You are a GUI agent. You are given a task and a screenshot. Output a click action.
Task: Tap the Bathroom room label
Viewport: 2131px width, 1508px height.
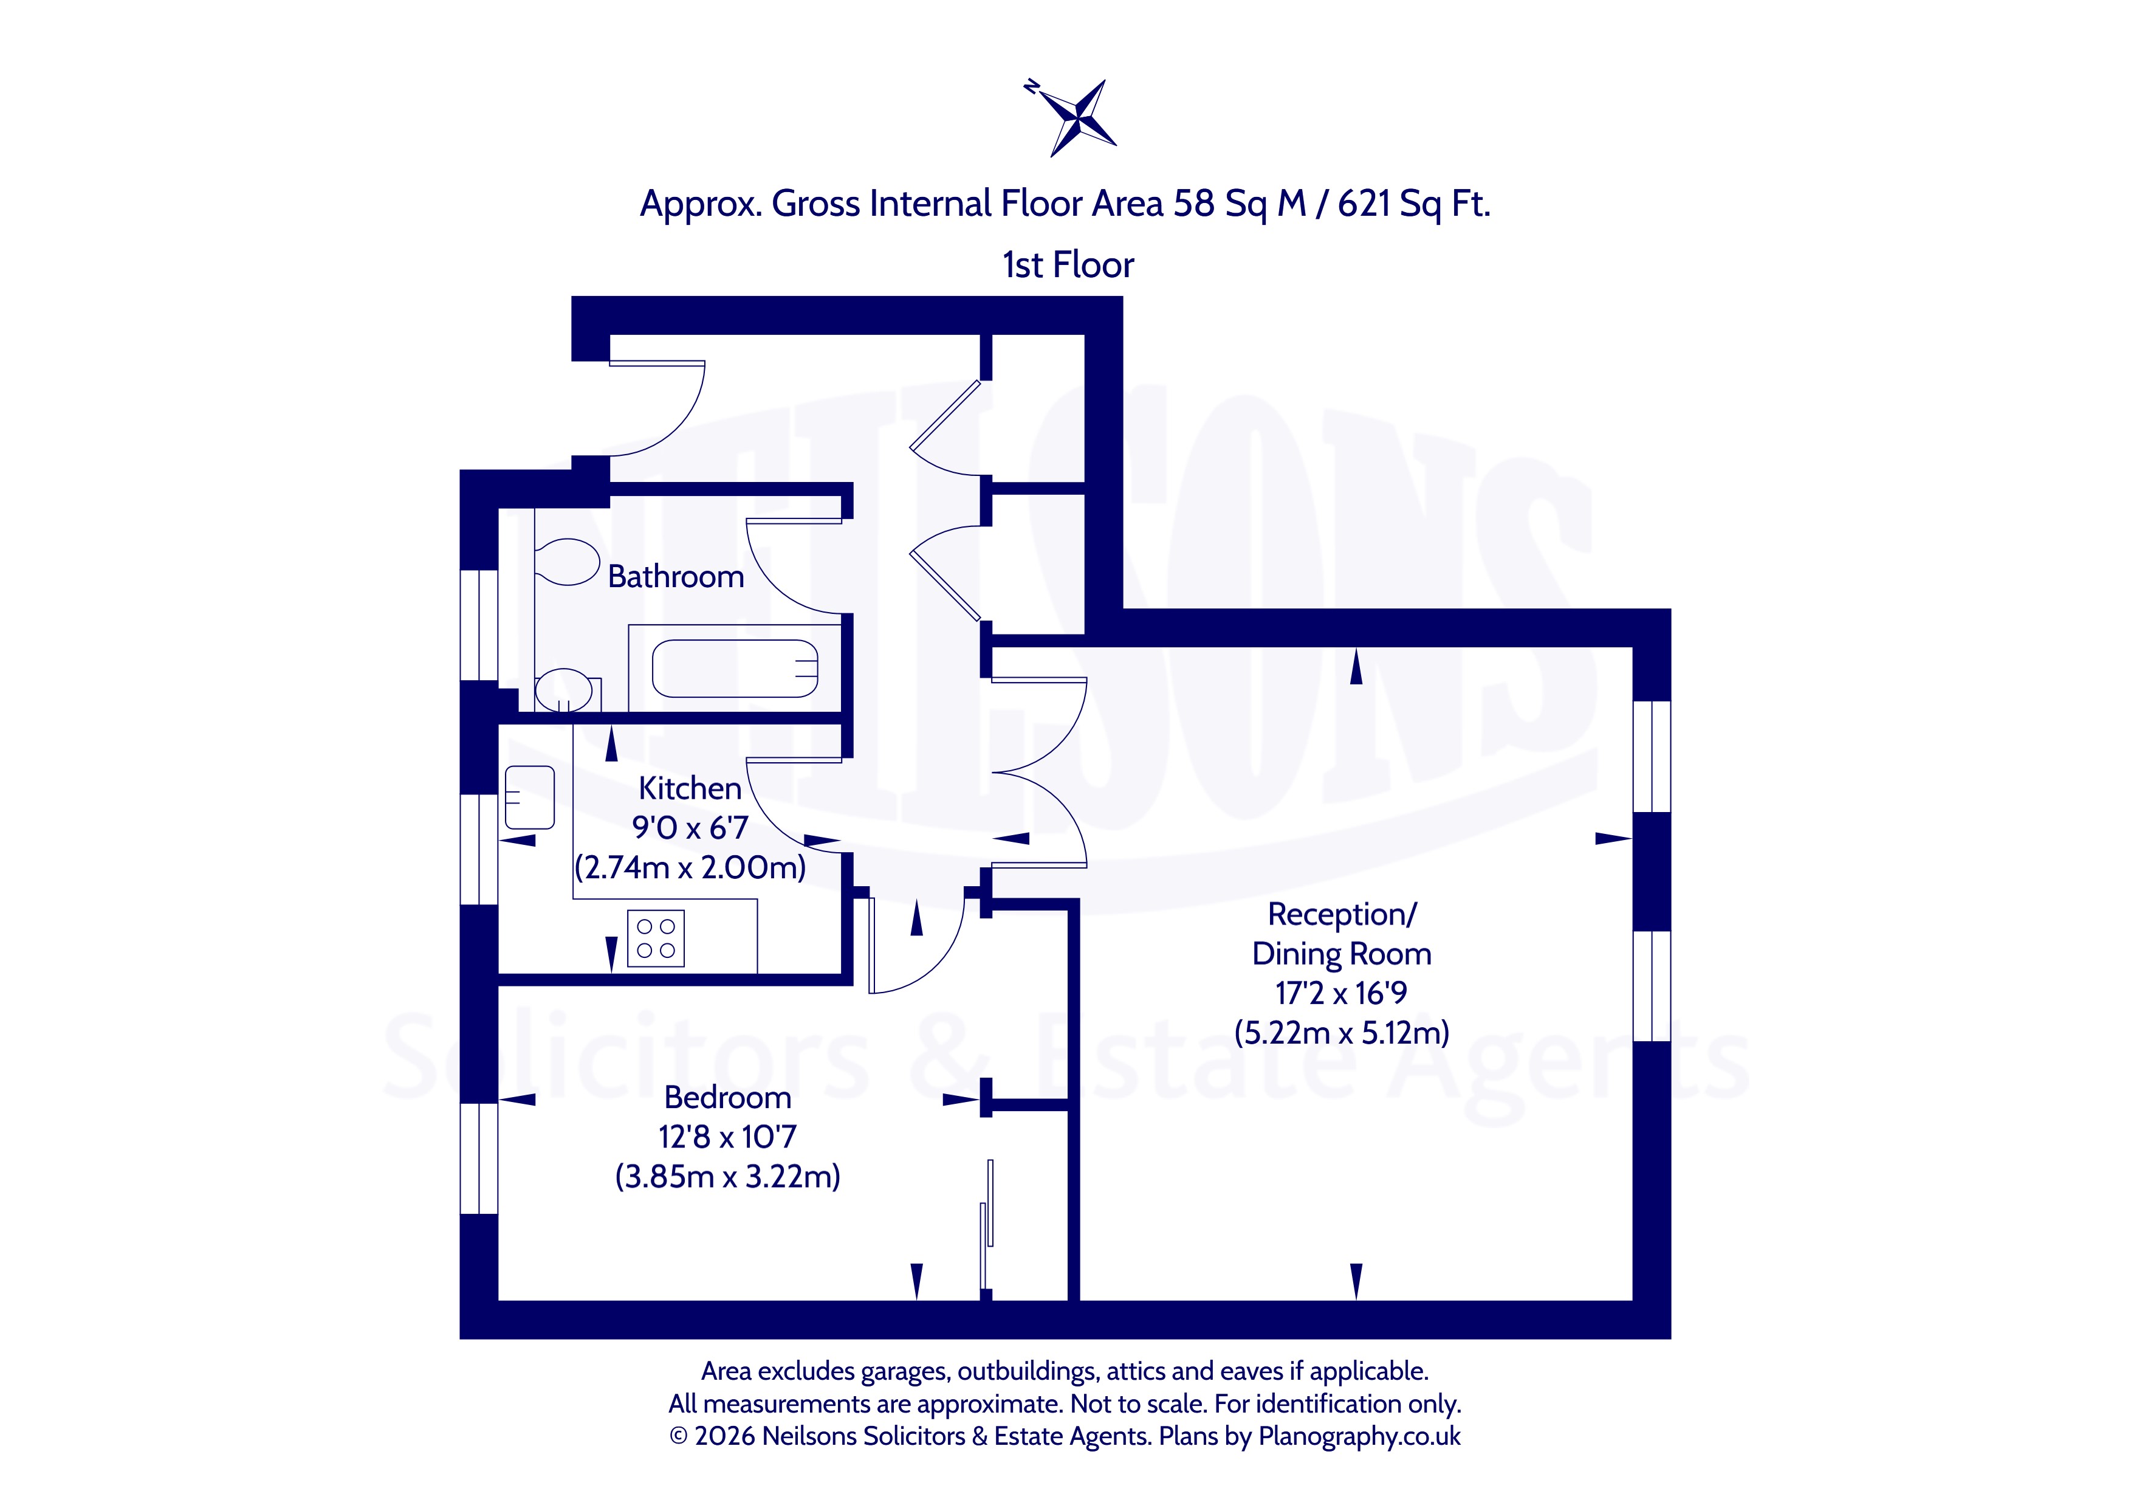click(x=676, y=577)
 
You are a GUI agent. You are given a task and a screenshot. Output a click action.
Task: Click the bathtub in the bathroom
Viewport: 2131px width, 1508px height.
click(x=735, y=669)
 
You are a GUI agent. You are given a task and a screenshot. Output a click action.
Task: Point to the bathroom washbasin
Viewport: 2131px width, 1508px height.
click(x=563, y=690)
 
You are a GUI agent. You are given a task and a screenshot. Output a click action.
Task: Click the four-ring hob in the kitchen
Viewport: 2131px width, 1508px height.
click(x=656, y=938)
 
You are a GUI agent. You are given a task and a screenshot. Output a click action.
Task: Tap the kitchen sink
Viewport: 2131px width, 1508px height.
click(x=529, y=797)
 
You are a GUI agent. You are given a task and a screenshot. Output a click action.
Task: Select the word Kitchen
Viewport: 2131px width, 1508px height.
click(x=690, y=788)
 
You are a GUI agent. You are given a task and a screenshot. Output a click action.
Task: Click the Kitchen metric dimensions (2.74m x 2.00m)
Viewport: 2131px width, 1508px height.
click(x=690, y=867)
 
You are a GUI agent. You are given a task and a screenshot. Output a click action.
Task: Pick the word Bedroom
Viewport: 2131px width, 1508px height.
click(x=728, y=1098)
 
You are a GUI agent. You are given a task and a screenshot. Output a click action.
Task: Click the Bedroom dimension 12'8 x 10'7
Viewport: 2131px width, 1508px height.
click(x=728, y=1137)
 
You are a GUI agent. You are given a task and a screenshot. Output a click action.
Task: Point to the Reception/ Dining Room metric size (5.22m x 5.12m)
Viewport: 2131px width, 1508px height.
click(x=1341, y=1033)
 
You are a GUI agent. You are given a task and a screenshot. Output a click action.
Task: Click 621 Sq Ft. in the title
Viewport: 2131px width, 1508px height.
click(x=1413, y=204)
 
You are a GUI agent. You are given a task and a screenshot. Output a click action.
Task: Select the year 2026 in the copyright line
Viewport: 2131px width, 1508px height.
click(x=725, y=1436)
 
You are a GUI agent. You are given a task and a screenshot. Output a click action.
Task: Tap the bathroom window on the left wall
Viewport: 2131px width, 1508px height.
click(x=479, y=625)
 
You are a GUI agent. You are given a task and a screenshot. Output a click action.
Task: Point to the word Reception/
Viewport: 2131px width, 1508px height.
click(x=1342, y=915)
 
